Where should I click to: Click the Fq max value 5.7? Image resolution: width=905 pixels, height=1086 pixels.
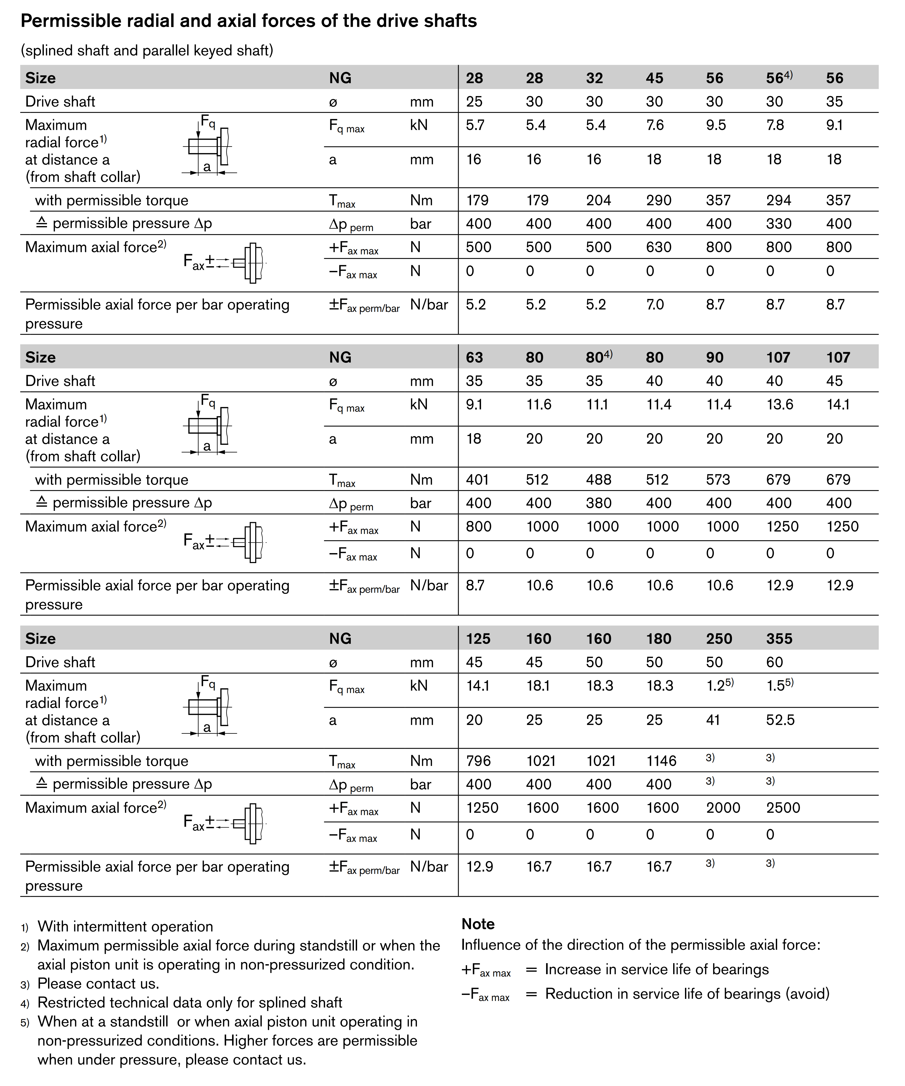(x=475, y=125)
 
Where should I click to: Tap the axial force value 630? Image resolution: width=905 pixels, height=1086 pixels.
(x=658, y=247)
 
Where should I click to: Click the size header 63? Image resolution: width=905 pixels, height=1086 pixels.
(x=474, y=357)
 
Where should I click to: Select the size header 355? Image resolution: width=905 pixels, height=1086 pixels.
(x=779, y=639)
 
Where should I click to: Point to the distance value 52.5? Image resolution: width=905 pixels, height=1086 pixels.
(x=780, y=720)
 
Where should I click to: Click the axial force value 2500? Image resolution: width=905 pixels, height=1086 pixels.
(x=783, y=808)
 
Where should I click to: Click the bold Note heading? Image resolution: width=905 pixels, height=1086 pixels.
(x=478, y=924)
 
